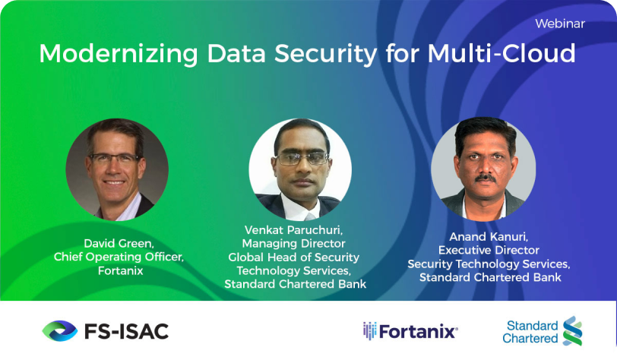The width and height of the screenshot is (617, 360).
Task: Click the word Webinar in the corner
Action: (x=560, y=24)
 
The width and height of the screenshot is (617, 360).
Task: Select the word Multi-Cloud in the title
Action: (x=502, y=55)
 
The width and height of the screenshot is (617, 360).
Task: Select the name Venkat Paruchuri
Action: (x=295, y=230)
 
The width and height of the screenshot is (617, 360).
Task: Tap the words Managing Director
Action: (x=294, y=244)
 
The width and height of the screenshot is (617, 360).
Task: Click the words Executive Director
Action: (x=489, y=250)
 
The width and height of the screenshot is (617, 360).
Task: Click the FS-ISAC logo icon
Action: (x=59, y=330)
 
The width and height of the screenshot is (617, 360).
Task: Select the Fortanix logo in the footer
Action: (x=410, y=331)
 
